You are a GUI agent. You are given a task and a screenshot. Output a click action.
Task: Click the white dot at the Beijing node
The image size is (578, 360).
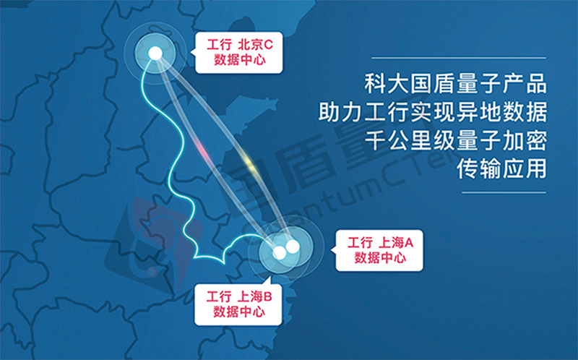155,53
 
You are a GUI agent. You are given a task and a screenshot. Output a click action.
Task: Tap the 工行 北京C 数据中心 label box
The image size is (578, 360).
239,52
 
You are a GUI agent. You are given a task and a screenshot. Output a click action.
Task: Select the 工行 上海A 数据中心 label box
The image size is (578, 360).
379,250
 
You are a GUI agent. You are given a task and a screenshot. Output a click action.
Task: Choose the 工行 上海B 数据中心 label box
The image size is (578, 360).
238,304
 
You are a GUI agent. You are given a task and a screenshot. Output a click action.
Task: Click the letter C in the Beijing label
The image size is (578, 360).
269,45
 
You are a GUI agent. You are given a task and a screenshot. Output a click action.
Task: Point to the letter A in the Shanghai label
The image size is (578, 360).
409,243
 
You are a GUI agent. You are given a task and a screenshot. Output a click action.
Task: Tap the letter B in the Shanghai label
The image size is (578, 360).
267,296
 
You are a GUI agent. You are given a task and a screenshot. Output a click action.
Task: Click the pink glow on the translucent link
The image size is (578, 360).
202,150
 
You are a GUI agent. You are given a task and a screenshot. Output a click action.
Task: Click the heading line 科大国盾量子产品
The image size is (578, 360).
455,84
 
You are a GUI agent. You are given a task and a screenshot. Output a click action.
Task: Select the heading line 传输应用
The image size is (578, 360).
501,168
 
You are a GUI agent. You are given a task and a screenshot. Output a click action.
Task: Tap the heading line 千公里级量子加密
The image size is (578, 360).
455,140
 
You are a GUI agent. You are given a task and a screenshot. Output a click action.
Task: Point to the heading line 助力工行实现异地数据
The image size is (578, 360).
432,112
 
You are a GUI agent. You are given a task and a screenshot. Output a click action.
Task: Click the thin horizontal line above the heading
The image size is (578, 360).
459,58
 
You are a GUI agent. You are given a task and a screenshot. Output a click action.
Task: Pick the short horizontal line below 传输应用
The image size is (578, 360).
504,192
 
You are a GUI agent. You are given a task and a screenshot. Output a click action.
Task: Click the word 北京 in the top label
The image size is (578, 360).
250,45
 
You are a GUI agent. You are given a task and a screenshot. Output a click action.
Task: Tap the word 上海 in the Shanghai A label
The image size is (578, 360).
391,243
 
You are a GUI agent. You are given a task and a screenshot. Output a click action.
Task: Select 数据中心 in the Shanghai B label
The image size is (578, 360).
239,312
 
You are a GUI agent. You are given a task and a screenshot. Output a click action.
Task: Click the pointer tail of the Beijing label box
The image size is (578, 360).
193,52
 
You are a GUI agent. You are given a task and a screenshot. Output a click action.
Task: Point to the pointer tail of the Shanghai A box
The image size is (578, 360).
333,250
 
